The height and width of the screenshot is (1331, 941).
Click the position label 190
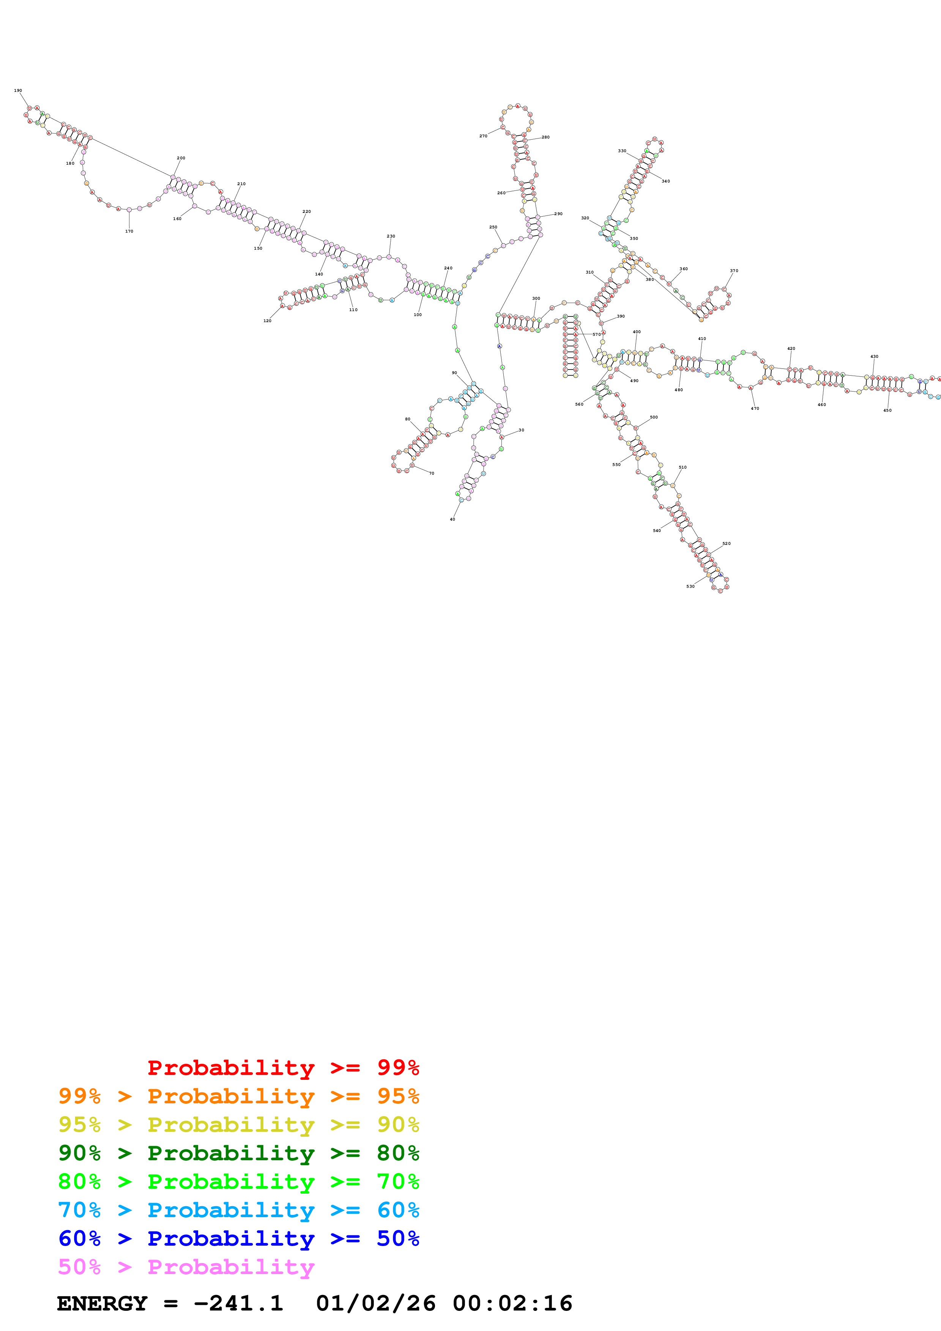18,90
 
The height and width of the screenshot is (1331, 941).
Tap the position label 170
129,231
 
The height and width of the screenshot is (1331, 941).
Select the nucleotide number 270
483,136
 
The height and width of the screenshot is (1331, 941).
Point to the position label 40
452,519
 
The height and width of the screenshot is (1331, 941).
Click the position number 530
690,587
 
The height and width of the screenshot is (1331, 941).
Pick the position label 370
734,271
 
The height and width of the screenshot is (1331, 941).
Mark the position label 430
874,357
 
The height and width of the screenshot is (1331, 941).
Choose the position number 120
267,321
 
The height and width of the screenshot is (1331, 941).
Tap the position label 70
431,474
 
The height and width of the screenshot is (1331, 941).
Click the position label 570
597,335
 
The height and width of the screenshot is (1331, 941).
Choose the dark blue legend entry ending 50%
238,1238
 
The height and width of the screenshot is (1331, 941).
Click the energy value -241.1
238,1303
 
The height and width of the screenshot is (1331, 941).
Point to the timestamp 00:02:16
512,1303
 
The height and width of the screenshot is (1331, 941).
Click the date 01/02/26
376,1303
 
